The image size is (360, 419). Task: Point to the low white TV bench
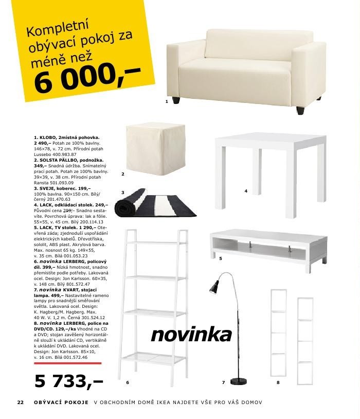click(267, 246)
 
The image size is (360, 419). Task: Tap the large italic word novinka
click(191, 335)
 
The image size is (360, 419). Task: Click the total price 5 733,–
click(68, 381)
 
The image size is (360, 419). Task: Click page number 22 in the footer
click(21, 403)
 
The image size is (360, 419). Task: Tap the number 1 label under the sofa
click(167, 102)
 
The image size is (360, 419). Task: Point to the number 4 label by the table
click(246, 191)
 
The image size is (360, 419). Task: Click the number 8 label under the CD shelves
click(278, 382)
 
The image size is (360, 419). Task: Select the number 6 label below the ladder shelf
click(127, 382)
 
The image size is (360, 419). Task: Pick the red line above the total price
click(67, 363)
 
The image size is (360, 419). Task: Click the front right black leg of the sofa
click(300, 110)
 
